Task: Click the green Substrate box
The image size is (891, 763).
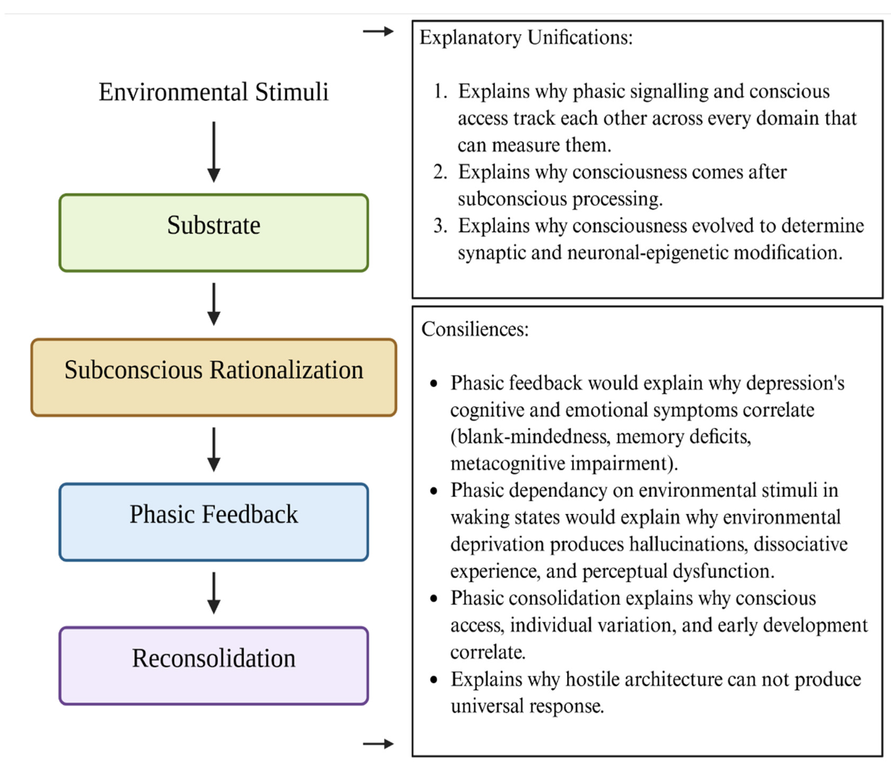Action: click(214, 233)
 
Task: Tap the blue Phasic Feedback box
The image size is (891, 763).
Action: click(214, 522)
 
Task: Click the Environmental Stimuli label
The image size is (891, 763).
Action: click(214, 92)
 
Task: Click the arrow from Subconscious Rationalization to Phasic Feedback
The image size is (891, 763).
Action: click(214, 450)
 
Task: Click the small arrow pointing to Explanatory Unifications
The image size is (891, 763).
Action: click(378, 31)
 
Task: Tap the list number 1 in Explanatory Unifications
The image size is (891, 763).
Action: click(440, 91)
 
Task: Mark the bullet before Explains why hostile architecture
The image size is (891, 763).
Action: click(434, 680)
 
